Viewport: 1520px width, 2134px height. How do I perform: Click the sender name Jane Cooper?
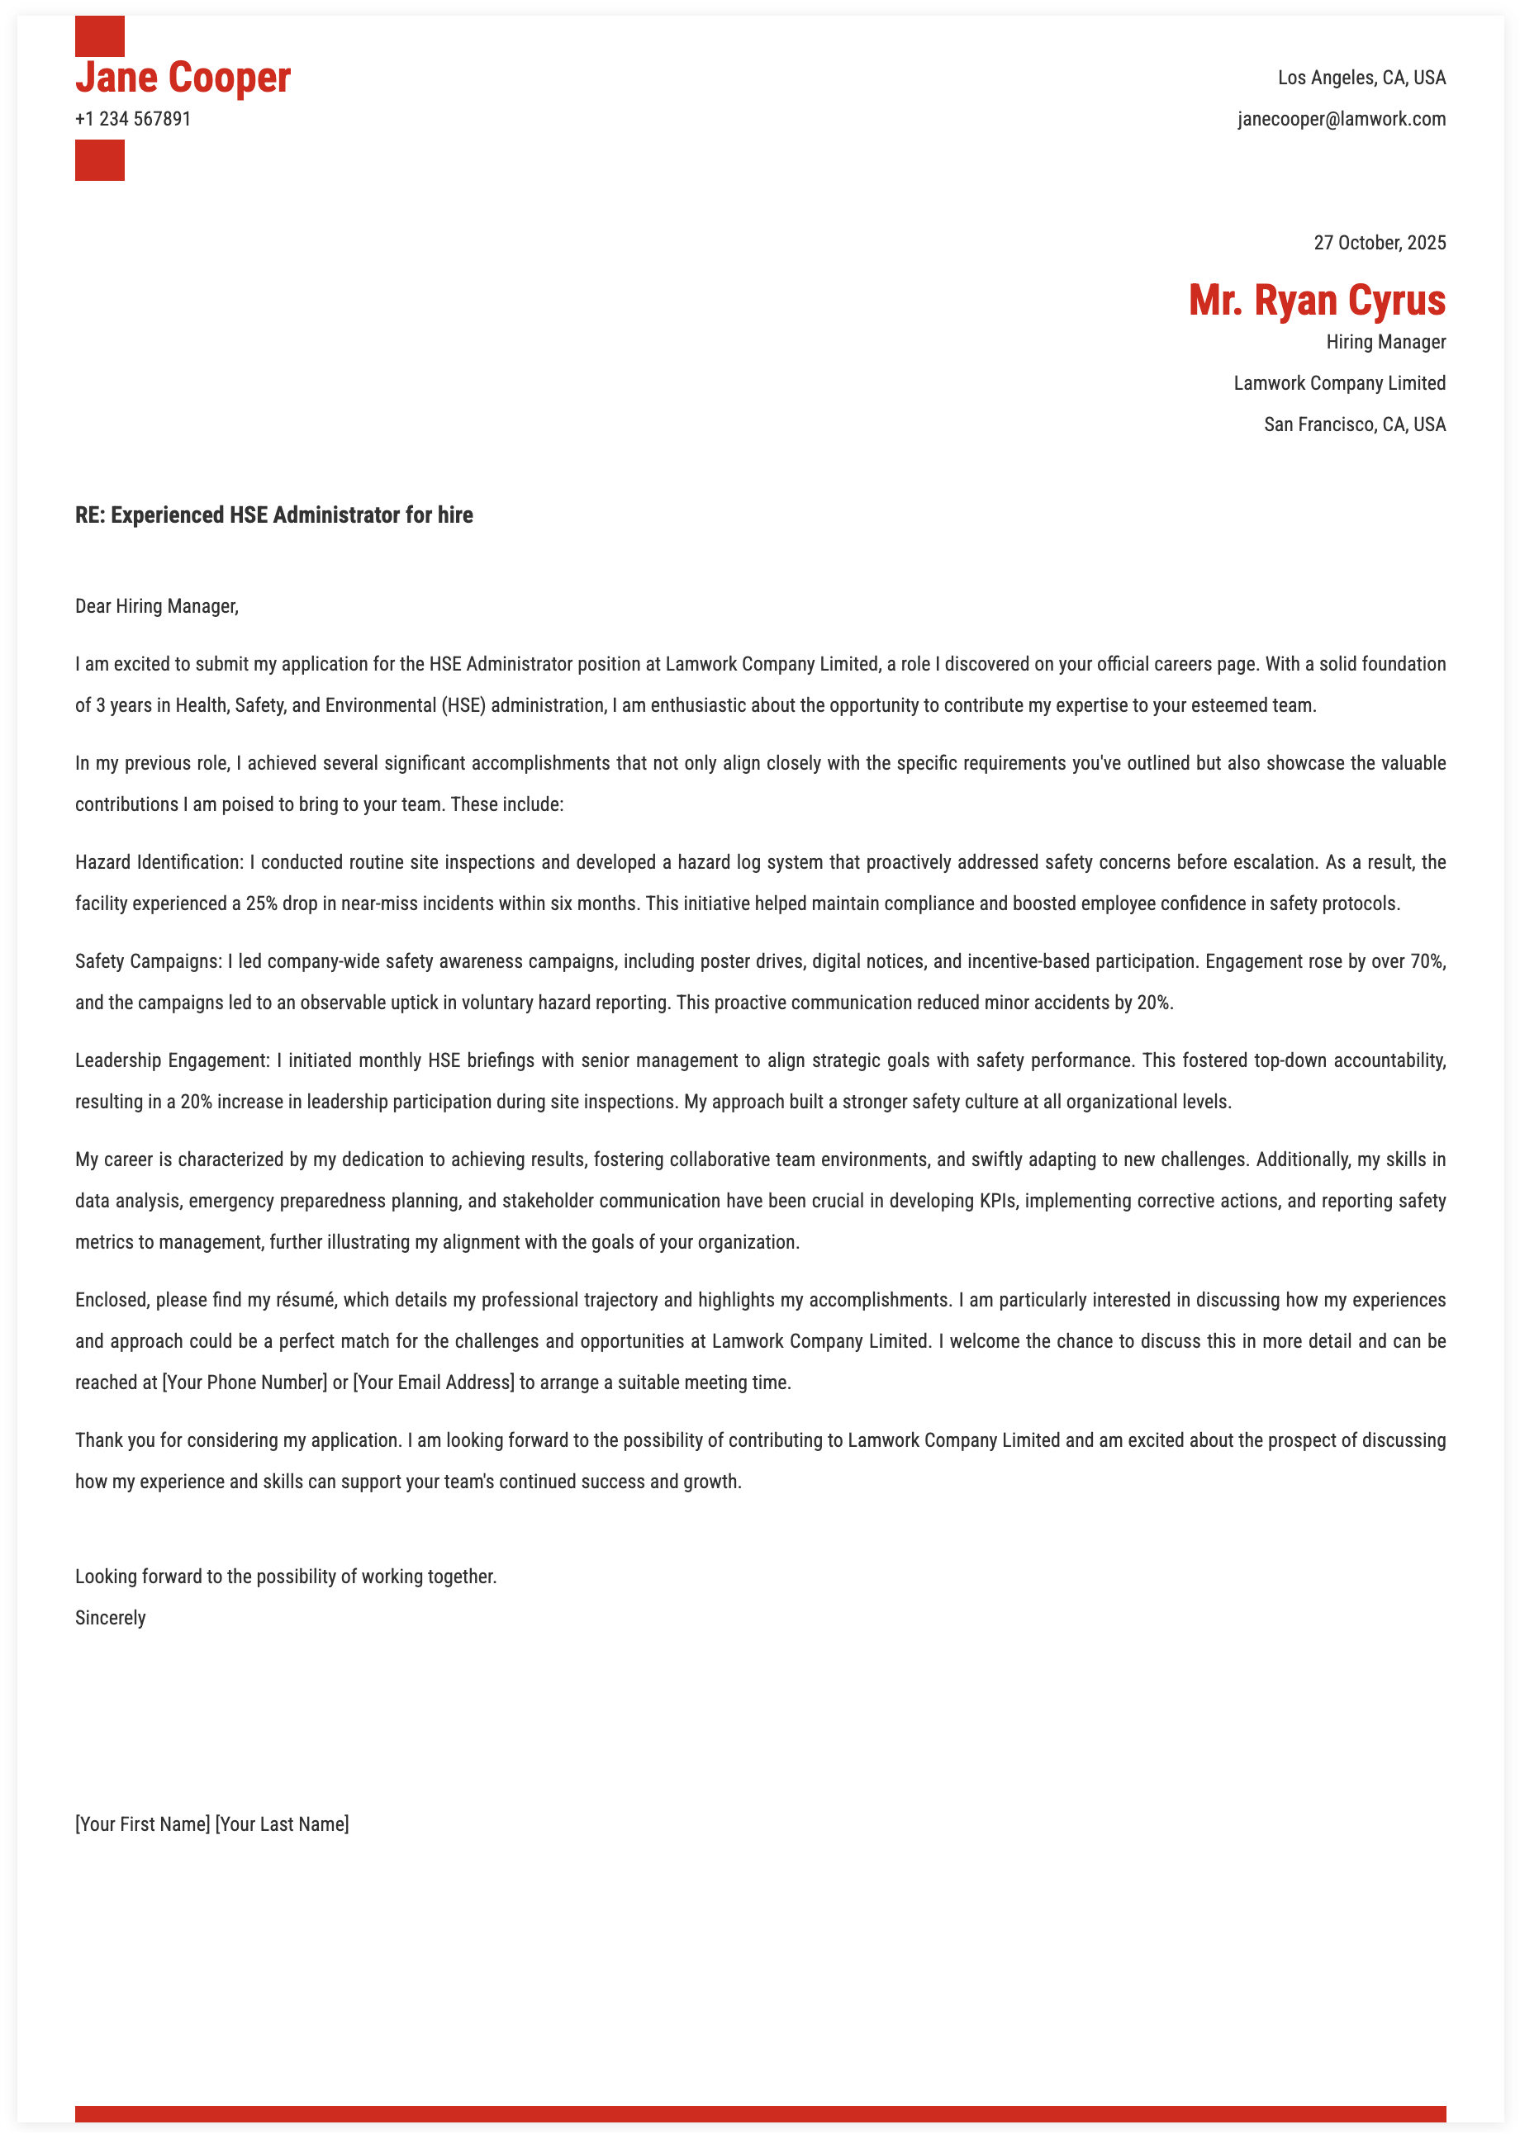tap(183, 78)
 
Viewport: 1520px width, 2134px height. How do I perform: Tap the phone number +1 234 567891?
tap(133, 119)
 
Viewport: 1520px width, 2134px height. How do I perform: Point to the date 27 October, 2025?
tap(1379, 244)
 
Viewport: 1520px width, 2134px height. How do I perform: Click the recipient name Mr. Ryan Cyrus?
tap(1316, 301)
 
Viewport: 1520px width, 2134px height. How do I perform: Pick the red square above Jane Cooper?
tap(99, 36)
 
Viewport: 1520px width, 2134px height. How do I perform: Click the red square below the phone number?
tap(99, 160)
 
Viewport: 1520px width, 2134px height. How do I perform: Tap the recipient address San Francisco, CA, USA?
tap(1353, 424)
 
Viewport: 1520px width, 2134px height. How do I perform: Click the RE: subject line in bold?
tap(273, 515)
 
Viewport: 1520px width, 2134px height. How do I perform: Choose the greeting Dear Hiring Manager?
tap(156, 606)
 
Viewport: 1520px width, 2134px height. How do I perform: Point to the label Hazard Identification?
tap(159, 862)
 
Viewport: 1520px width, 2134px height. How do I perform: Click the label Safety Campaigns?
tap(148, 962)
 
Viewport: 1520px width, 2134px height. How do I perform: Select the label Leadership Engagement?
tap(172, 1061)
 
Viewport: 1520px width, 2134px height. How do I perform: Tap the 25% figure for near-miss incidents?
tap(261, 903)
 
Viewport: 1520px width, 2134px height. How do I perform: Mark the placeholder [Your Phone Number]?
tap(245, 1382)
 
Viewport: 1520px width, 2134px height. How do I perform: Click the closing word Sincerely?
tap(111, 1619)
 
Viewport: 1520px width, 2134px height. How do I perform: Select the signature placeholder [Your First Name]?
tap(142, 1824)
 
